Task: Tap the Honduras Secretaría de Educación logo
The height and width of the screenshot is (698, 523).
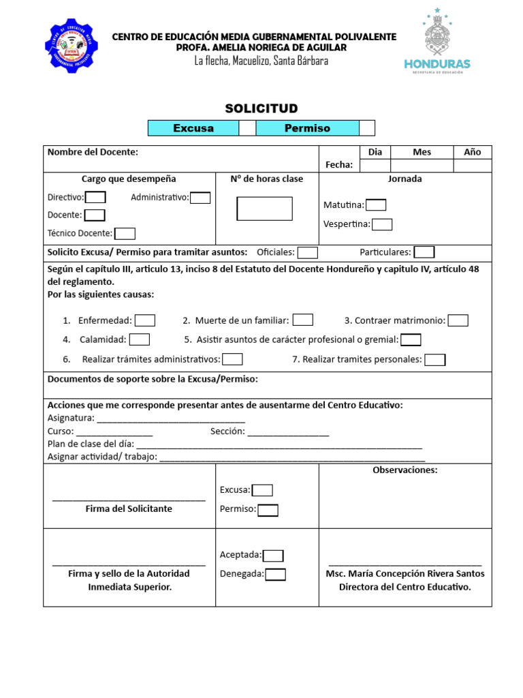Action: pyautogui.click(x=437, y=43)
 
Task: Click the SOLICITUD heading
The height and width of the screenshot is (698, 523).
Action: pyautogui.click(x=261, y=109)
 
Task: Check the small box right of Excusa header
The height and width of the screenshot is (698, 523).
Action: pyautogui.click(x=247, y=128)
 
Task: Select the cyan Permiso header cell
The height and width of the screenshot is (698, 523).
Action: pyautogui.click(x=307, y=128)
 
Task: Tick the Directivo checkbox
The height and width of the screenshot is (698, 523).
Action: pyautogui.click(x=95, y=198)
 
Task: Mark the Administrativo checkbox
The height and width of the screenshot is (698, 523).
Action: pyautogui.click(x=200, y=198)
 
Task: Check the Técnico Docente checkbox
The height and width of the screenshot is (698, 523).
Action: pyautogui.click(x=125, y=234)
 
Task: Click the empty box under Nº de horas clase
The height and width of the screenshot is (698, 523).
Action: pyautogui.click(x=264, y=209)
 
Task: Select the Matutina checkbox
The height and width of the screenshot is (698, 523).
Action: pyautogui.click(x=376, y=205)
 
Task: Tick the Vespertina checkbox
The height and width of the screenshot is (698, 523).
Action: pyautogui.click(x=382, y=224)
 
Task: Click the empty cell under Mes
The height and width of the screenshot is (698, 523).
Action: pyautogui.click(x=422, y=166)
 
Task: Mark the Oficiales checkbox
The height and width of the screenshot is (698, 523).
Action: pyautogui.click(x=308, y=253)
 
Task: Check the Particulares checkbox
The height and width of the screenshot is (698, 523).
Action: pyautogui.click(x=424, y=253)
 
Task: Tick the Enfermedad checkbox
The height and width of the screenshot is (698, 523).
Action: pyautogui.click(x=145, y=320)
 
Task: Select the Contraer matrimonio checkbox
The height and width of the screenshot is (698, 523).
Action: pyautogui.click(x=458, y=320)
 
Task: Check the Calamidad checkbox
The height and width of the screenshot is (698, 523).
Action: pyautogui.click(x=140, y=339)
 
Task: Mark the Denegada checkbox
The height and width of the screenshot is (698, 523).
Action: pyautogui.click(x=275, y=575)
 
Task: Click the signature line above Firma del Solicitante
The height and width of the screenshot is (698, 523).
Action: pyautogui.click(x=129, y=500)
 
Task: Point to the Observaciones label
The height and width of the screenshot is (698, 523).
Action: pyautogui.click(x=405, y=470)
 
